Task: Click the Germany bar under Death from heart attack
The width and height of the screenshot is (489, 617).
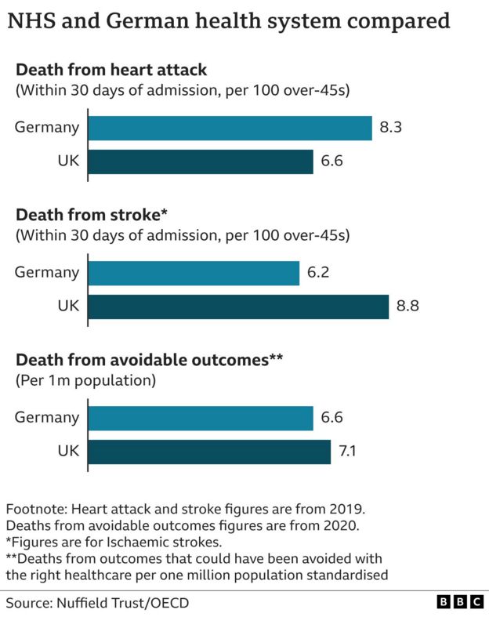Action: click(230, 128)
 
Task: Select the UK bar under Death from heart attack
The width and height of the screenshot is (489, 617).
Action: click(201, 162)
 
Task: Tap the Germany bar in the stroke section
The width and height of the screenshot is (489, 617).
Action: click(194, 273)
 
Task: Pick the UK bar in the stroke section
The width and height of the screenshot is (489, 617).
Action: click(238, 307)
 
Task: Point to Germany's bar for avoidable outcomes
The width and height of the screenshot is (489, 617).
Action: click(201, 418)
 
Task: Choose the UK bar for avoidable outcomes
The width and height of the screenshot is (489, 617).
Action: click(209, 452)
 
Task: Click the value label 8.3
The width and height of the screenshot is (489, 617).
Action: click(392, 128)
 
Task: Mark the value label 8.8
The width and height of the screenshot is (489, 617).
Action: click(408, 307)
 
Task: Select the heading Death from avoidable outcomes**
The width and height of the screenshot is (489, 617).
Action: click(149, 360)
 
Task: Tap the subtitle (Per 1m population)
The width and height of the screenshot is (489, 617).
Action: click(86, 381)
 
